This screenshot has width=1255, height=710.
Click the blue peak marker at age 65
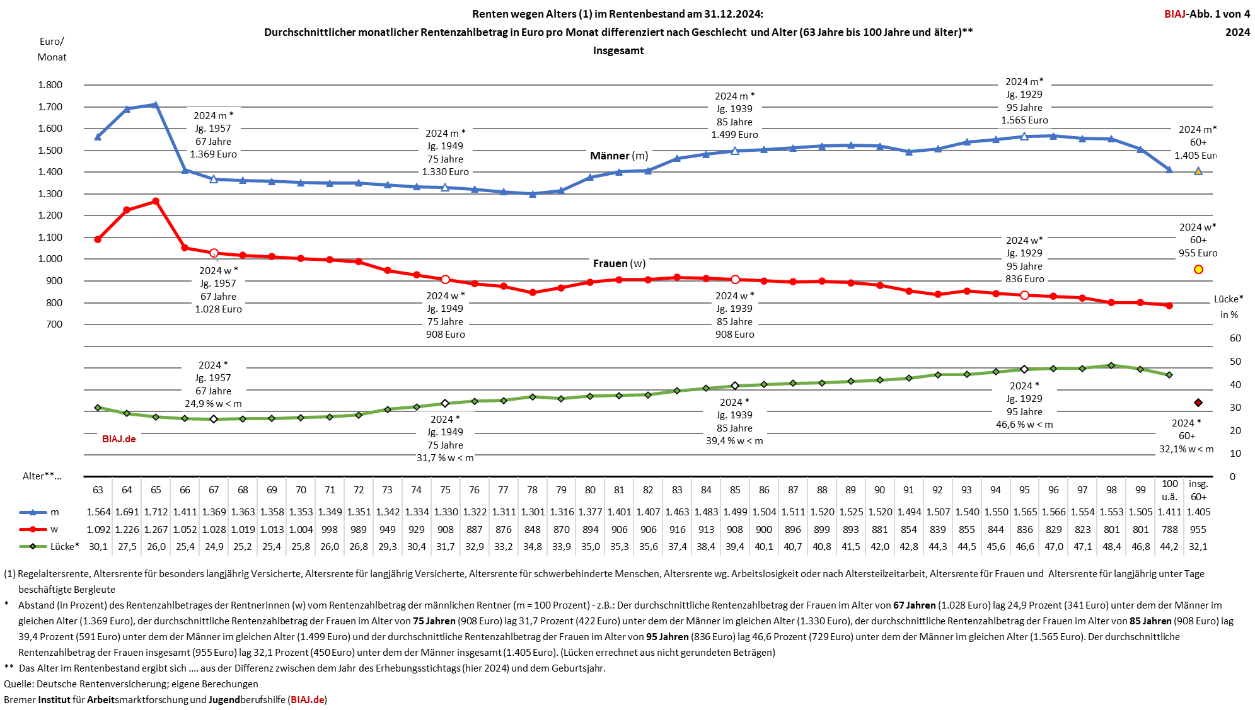156,105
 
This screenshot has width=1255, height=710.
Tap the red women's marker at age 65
156,202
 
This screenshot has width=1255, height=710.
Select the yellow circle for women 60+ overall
1198,270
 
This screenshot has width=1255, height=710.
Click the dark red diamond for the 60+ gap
1198,403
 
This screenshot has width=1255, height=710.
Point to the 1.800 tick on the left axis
50,85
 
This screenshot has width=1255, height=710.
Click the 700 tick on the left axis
54,324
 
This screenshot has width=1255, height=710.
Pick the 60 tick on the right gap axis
1235,338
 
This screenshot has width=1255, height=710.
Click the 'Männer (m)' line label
618,156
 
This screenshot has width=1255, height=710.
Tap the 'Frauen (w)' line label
619,263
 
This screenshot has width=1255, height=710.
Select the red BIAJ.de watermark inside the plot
119,439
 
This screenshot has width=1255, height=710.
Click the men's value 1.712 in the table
156,512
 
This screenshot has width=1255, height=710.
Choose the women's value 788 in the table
1169,530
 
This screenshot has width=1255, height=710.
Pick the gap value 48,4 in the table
1111,547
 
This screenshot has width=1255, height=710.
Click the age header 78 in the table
532,490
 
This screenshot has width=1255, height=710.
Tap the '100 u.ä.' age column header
1169,490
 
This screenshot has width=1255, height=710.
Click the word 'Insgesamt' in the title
618,50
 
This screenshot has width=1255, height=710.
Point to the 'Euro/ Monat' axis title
52,49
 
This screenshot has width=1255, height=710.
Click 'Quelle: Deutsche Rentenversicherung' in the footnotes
95,684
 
